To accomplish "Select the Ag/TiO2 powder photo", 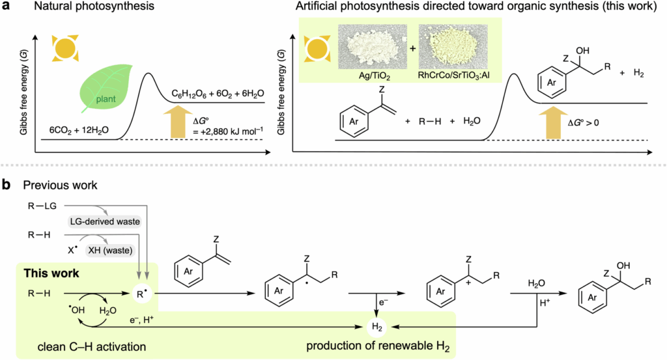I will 372,50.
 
